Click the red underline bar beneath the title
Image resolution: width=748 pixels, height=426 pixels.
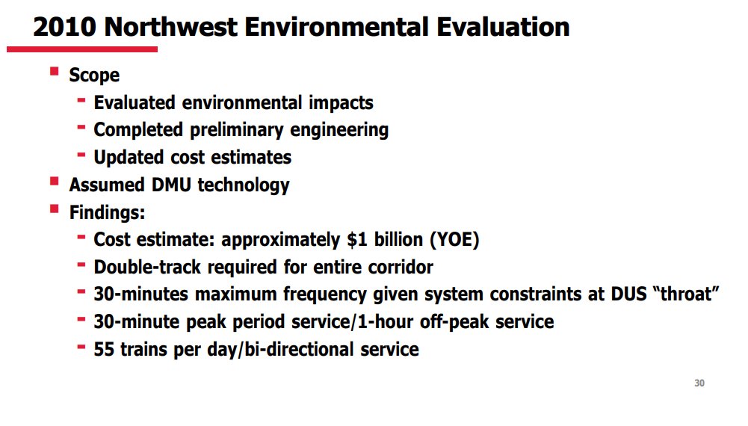pos(82,49)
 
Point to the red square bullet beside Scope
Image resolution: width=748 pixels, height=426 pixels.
pos(54,72)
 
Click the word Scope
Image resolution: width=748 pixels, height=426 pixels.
pos(94,75)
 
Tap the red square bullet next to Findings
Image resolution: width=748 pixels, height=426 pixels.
pos(54,209)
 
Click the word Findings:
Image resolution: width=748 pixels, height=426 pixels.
pos(107,213)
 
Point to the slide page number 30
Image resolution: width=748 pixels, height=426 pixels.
pos(699,383)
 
